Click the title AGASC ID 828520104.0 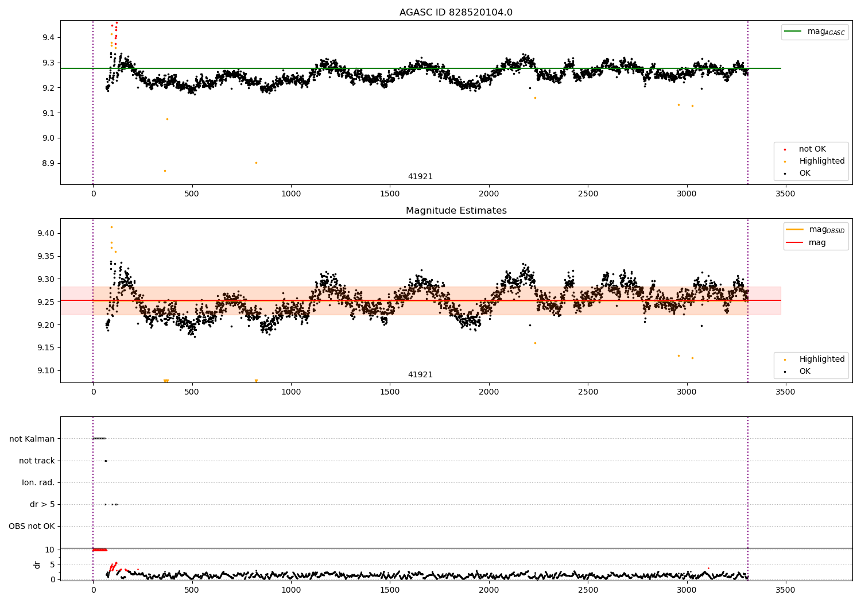point(456,13)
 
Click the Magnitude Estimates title point(456,211)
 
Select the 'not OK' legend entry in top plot point(812,149)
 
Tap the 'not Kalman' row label point(32,439)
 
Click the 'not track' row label point(37,461)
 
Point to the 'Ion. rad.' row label point(38,482)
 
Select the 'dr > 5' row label point(42,504)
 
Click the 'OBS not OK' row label point(32,526)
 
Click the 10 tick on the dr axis point(49,550)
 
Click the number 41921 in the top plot point(420,177)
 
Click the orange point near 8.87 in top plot point(165,171)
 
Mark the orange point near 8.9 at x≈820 point(256,163)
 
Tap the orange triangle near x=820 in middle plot point(256,381)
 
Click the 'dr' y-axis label point(37,565)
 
